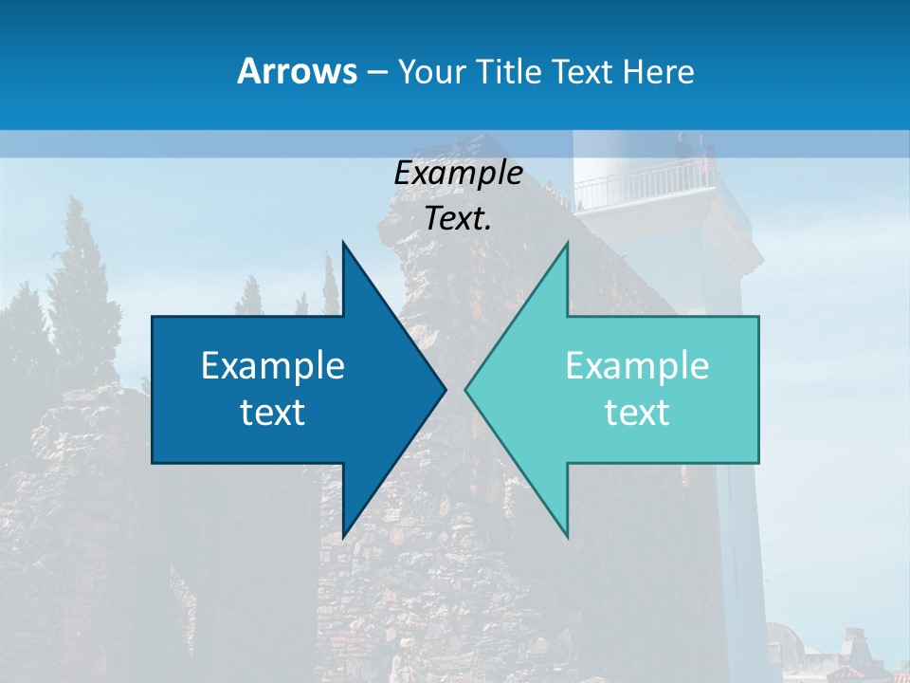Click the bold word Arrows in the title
(296, 71)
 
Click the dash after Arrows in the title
(375, 73)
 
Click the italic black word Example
(458, 173)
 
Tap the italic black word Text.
(458, 219)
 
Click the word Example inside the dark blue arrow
(273, 365)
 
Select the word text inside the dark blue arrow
(273, 413)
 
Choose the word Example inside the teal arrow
(637, 365)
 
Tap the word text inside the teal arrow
(637, 413)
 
